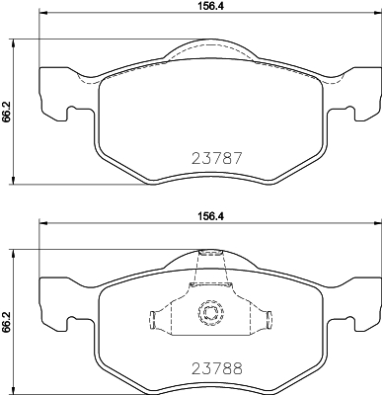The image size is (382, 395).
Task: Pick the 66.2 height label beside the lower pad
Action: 8,321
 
